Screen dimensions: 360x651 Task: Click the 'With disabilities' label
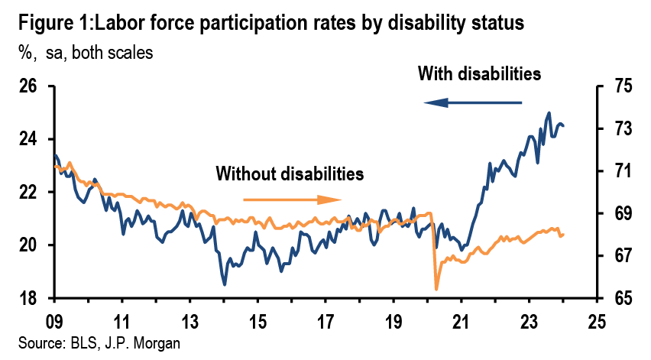click(x=480, y=74)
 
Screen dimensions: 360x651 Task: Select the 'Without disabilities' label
click(x=289, y=174)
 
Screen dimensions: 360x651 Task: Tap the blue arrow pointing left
click(x=474, y=102)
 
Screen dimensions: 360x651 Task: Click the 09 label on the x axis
click(x=53, y=321)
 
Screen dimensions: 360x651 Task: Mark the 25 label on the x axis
click(x=598, y=321)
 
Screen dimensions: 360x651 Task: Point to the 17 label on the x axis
click(x=325, y=321)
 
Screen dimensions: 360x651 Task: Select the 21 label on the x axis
click(x=462, y=321)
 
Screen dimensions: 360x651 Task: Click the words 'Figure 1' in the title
click(x=45, y=24)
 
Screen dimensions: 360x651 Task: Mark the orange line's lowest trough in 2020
click(x=436, y=289)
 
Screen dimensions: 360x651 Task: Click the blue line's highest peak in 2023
click(x=549, y=112)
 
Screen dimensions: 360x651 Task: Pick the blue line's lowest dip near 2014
click(x=225, y=284)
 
